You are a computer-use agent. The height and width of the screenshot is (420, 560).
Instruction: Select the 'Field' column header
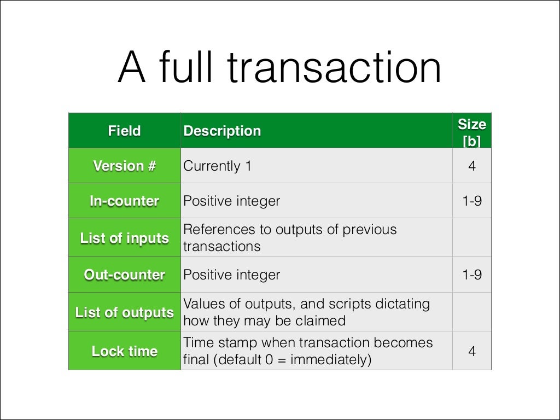tap(124, 131)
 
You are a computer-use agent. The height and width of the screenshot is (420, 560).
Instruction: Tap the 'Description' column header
tap(222, 131)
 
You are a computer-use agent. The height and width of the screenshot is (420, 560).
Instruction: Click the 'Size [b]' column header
tap(471, 131)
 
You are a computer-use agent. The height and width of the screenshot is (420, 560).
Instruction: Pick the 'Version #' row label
tap(124, 166)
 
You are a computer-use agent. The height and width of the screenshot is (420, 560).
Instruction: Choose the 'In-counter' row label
tap(124, 201)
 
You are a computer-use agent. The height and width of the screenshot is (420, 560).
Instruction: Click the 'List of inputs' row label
tap(124, 238)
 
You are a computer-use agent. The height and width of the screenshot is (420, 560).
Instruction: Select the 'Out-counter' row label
tap(124, 275)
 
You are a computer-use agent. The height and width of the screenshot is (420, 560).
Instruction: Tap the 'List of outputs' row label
tap(124, 312)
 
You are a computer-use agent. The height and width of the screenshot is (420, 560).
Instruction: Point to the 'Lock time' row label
tap(124, 351)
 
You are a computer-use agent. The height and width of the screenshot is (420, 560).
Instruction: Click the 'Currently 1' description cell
tap(217, 166)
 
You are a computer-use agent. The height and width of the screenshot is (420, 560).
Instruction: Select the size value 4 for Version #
tap(471, 166)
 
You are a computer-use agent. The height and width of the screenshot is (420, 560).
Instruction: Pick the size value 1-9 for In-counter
tap(471, 201)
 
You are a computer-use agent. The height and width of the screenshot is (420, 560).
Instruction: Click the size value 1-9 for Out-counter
tap(471, 275)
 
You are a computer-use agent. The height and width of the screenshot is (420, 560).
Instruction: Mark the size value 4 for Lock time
tap(471, 351)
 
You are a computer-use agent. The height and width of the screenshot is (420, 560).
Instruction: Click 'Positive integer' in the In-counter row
tap(231, 201)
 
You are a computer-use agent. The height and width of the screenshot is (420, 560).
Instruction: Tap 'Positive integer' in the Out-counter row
tap(231, 275)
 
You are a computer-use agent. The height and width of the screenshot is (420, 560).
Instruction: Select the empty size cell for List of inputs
tap(471, 238)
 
